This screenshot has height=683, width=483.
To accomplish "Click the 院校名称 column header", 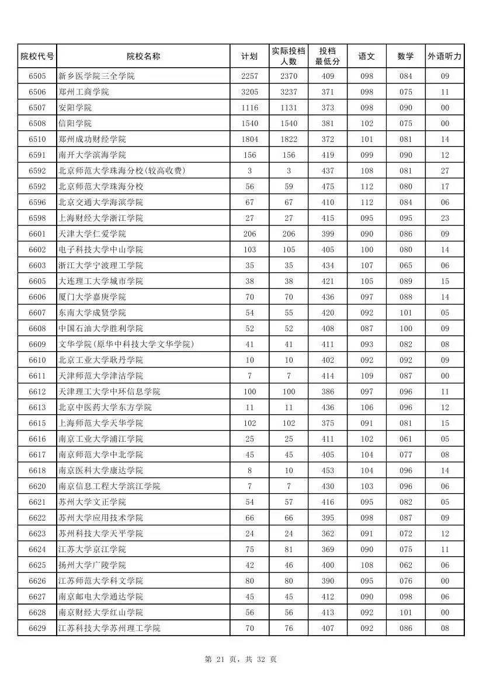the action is click(143, 57).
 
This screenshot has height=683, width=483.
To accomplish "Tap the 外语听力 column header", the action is click(444, 57).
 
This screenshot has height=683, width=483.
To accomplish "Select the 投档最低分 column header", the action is click(328, 57).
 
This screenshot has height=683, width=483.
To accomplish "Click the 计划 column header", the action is click(249, 57).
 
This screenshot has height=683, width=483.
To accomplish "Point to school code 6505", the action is click(37, 76).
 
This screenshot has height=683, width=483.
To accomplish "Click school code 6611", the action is click(37, 376).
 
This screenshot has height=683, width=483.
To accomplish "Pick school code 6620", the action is click(37, 486).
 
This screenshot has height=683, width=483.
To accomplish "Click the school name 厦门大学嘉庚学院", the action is click(92, 297).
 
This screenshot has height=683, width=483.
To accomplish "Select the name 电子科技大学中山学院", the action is click(100, 249).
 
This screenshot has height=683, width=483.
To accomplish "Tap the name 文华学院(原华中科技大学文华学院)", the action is click(126, 344).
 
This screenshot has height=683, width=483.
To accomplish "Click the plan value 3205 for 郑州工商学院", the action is click(249, 92).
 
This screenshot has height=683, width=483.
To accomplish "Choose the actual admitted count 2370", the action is click(289, 76).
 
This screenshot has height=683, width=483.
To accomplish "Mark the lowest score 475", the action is click(328, 186).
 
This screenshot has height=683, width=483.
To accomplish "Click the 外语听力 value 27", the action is click(444, 171).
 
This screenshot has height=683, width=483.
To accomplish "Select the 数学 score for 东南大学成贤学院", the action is click(405, 313).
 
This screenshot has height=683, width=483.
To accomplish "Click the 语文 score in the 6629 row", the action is click(366, 628).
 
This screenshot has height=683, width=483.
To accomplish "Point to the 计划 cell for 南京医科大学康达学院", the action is click(249, 470).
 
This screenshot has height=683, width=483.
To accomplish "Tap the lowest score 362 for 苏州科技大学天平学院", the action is click(328, 533).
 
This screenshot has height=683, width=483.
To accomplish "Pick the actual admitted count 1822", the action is click(289, 139).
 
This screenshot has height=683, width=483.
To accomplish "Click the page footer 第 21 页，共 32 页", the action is click(241, 659).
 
